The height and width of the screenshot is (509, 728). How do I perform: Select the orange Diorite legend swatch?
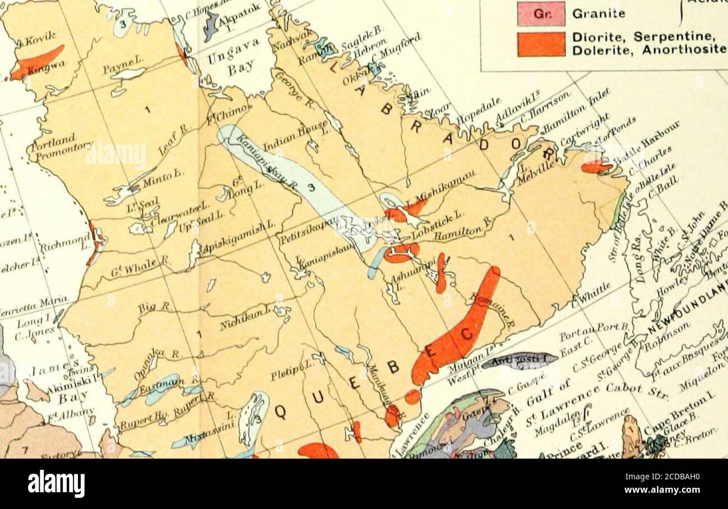pyautogui.click(x=540, y=44)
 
